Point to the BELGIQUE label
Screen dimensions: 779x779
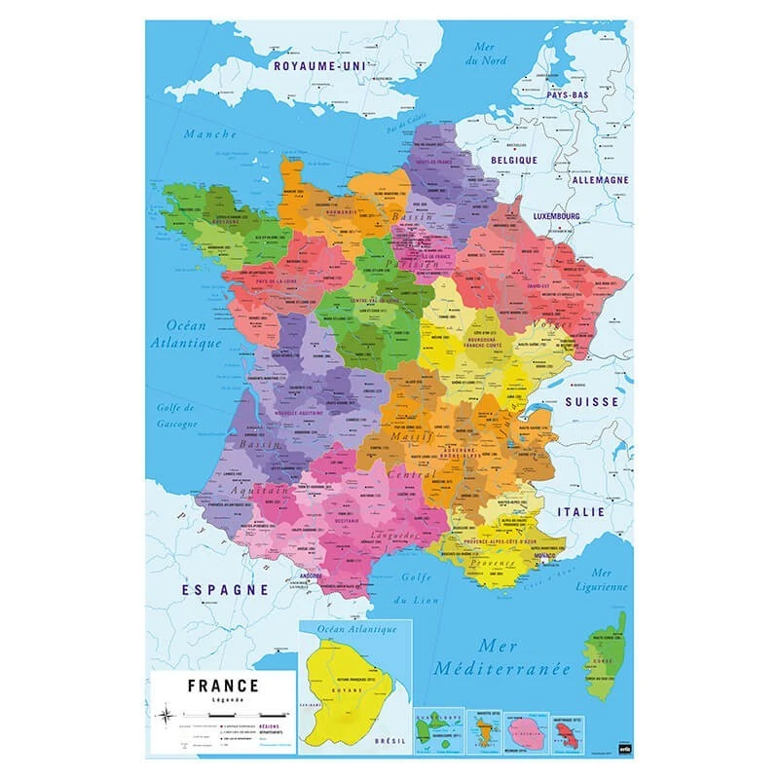[514, 160]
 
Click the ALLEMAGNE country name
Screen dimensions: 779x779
[599, 180]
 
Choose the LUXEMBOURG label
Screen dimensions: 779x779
[556, 215]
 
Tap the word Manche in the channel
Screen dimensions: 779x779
[210, 134]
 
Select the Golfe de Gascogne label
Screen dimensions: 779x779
[176, 415]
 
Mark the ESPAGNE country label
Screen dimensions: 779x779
[225, 590]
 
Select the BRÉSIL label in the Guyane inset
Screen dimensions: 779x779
[391, 741]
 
